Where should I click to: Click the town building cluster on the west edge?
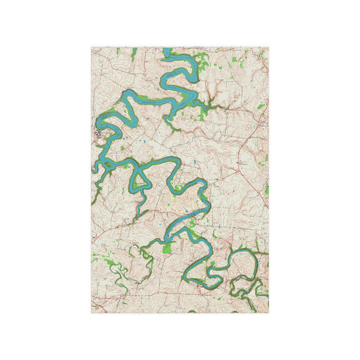pos(99,135)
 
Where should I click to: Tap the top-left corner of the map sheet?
pos(92,47)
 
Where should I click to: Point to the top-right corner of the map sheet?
pos(268,47)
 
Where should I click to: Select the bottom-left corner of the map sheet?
pos(92,313)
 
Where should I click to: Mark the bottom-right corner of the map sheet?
pos(268,313)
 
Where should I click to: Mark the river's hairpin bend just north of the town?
pos(108,122)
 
